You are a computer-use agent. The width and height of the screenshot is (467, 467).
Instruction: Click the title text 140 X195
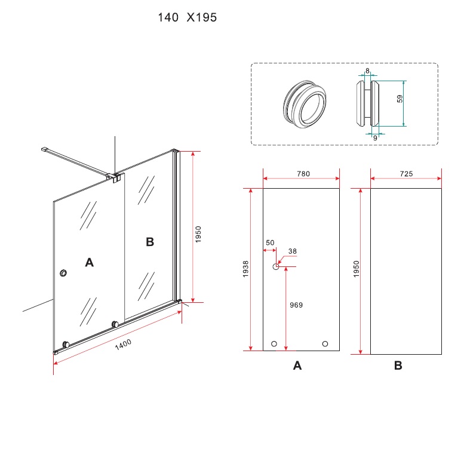point(187,18)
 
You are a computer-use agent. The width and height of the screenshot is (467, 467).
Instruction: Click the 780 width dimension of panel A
point(303,174)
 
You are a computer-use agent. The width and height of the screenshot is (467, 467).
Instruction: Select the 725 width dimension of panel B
point(406,174)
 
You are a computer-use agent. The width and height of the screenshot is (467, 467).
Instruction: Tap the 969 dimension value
point(296,305)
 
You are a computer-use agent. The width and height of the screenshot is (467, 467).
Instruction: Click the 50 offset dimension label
point(270,242)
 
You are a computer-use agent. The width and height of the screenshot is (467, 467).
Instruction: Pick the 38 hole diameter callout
point(292,251)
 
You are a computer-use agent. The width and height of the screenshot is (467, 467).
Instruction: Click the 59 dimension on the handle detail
point(400,100)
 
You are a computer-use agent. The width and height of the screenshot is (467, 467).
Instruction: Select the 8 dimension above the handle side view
point(367,71)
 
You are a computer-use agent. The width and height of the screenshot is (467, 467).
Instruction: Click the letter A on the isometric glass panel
point(90,262)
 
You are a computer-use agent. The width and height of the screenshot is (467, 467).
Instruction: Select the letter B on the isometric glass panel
point(150,242)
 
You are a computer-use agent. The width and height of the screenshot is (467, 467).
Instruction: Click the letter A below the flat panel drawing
point(297,366)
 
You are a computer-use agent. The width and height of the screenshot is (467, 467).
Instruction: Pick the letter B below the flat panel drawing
point(398,366)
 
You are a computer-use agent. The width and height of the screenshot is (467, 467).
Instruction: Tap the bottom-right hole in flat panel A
point(325,343)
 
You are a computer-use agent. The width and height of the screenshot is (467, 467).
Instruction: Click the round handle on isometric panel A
point(63,274)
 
